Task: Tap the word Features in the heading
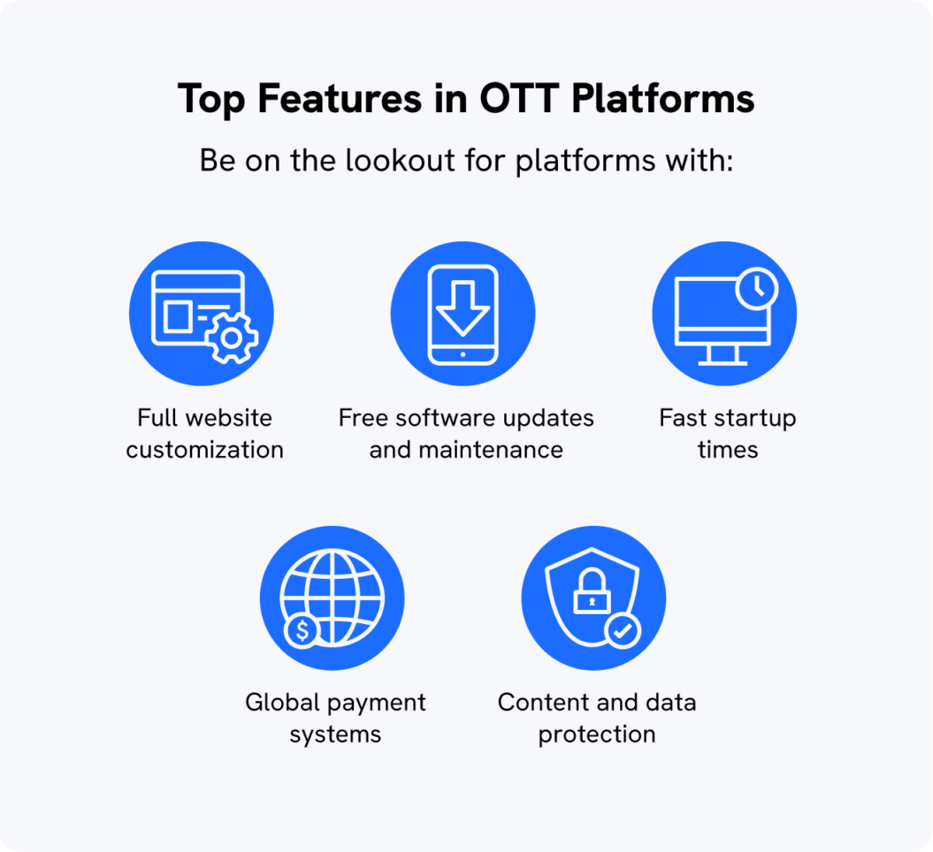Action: coord(340,100)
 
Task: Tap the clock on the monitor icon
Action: coord(756,288)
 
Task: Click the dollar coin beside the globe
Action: coord(303,630)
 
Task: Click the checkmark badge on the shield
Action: coord(623,630)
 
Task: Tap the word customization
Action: coord(204,449)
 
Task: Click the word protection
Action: coord(597,734)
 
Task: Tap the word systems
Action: coord(335,734)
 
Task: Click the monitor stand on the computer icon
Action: coord(723,355)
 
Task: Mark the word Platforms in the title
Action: coord(663,100)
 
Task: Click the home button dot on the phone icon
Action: coord(463,354)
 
